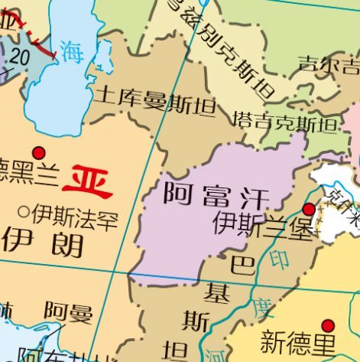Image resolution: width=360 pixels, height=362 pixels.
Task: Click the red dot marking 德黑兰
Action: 39,152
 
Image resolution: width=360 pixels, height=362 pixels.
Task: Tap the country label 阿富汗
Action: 216,196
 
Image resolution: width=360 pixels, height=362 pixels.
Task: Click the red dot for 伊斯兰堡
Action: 309,209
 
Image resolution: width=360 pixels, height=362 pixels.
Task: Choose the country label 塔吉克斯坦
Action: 284,122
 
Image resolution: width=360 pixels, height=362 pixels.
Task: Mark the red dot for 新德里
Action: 328,325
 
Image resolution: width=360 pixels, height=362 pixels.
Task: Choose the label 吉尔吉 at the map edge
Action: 328,62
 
